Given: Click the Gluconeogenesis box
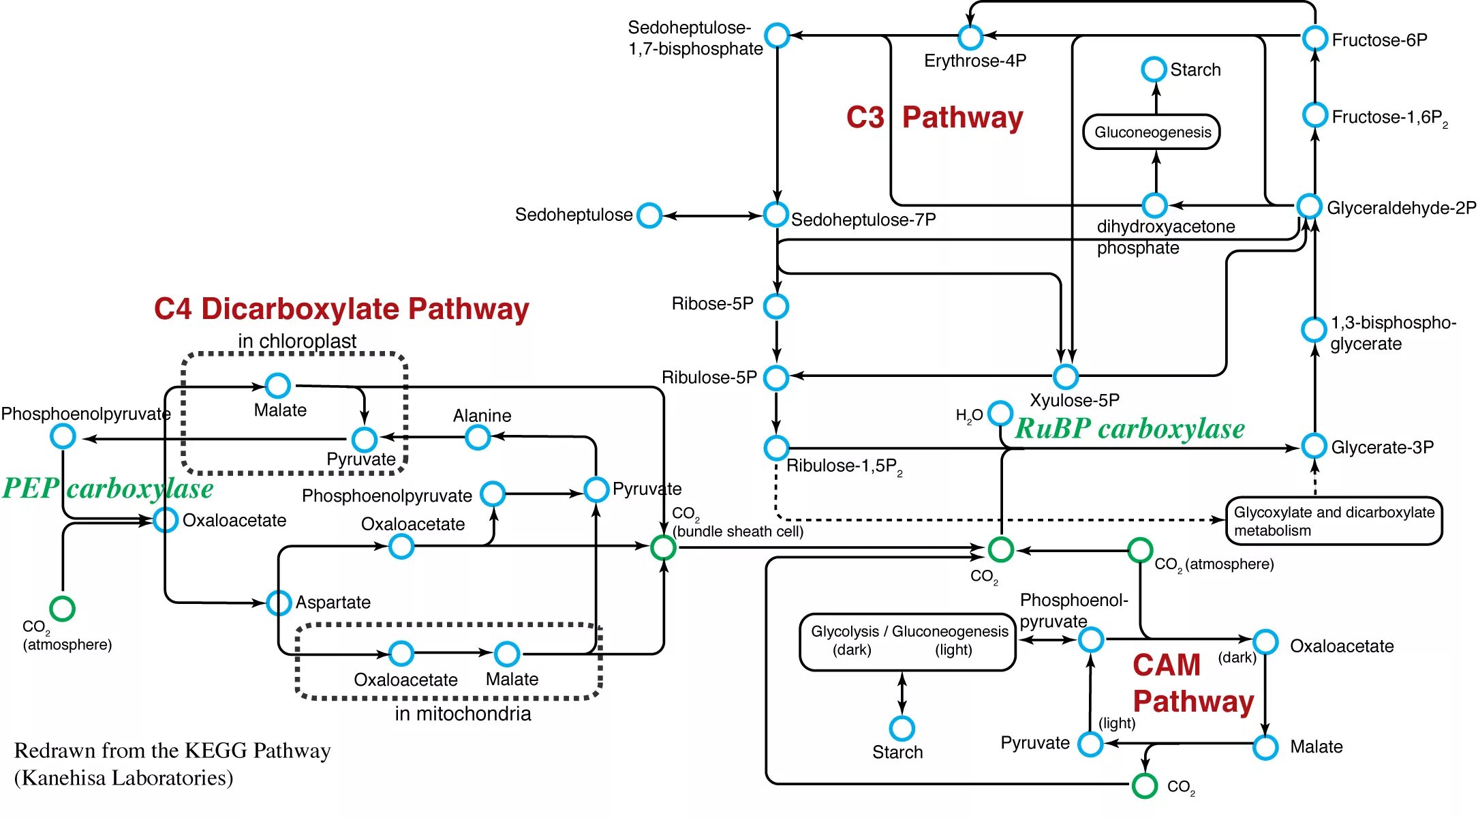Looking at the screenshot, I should point(1152,132).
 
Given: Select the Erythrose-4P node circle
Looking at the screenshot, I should point(970,37).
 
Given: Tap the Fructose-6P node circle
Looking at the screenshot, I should point(1314,38).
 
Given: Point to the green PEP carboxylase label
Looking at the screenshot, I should point(107,489).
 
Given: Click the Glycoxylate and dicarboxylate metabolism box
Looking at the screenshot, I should point(1334,521).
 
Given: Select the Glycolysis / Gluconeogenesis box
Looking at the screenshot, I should point(908,641).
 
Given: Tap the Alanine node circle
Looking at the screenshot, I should point(478,438).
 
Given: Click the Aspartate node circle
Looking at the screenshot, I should point(279,603).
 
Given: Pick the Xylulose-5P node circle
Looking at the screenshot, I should point(1066,376).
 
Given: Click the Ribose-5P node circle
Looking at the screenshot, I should point(776,306).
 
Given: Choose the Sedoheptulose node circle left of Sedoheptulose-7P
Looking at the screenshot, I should point(649,215).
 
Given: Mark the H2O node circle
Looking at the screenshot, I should point(1000,413).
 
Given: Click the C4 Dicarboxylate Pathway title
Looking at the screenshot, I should point(341,309).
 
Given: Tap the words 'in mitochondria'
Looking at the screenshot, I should point(463,714).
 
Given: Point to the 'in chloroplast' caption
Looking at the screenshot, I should point(297,341).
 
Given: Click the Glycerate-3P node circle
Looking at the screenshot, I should point(1314,446).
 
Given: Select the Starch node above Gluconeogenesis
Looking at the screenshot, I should point(1154,69).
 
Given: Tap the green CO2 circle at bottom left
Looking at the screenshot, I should point(63,608).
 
